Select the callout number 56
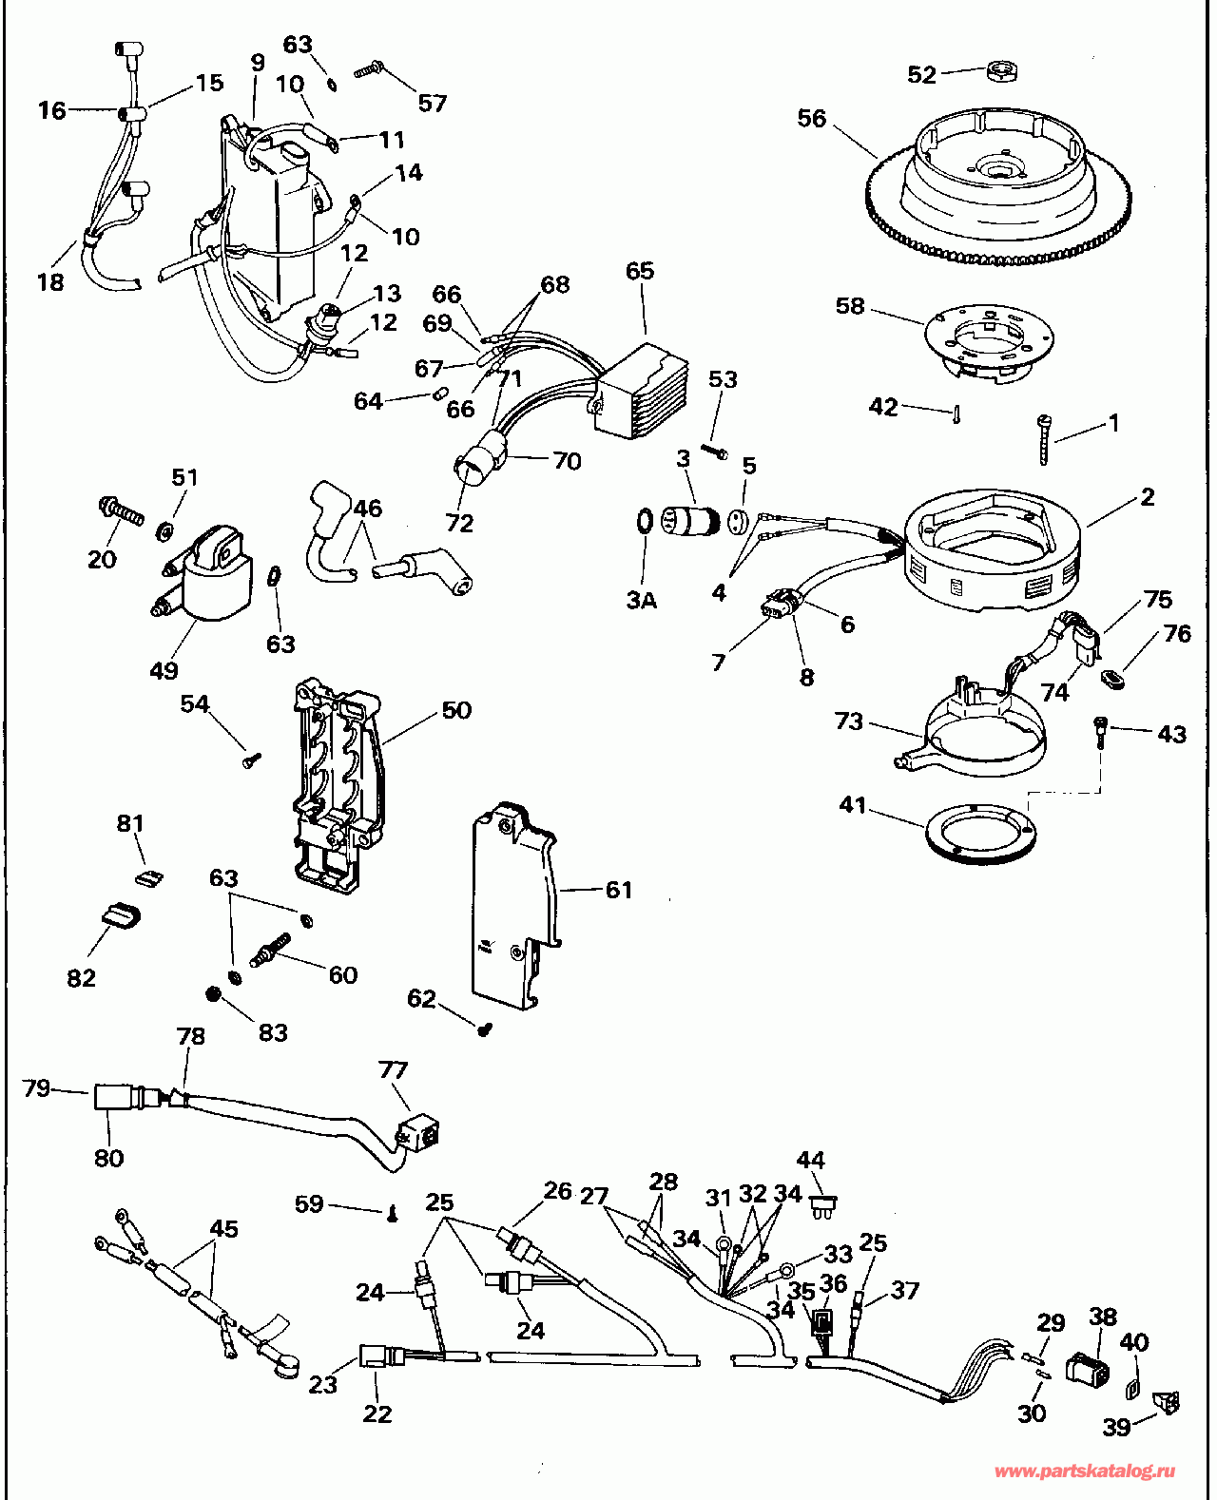coord(812,119)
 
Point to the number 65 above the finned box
coord(640,271)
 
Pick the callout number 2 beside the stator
coord(1148,497)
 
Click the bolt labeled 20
coord(121,511)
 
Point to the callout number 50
coord(456,710)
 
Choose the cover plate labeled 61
coord(513,903)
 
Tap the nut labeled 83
coord(214,993)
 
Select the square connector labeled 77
coord(418,1132)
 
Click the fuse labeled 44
coord(824,1205)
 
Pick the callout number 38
coord(1103,1317)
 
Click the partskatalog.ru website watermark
coord(1084,1471)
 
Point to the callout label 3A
coord(642,601)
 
